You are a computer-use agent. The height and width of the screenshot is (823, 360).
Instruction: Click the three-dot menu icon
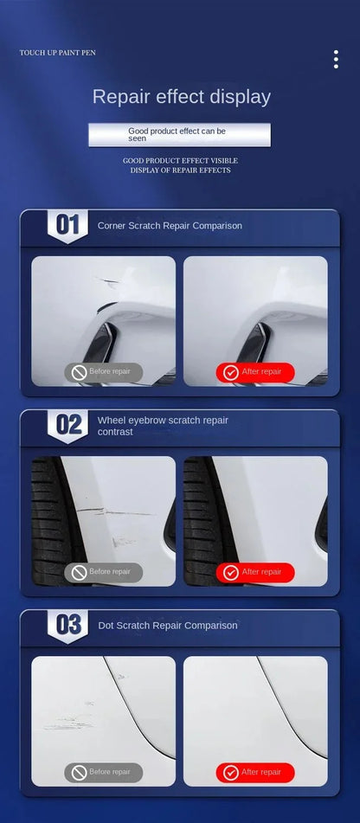pyautogui.click(x=336, y=59)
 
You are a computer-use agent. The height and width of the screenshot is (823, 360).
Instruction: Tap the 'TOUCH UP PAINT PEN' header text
pyautogui.click(x=58, y=53)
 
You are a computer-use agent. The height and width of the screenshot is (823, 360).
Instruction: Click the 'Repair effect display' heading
pyautogui.click(x=182, y=96)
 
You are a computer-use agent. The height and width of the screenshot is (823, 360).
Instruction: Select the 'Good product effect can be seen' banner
pyautogui.click(x=179, y=134)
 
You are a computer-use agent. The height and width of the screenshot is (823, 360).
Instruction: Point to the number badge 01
pyautogui.click(x=67, y=226)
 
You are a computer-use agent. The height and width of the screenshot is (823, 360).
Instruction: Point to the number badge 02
pyautogui.click(x=67, y=425)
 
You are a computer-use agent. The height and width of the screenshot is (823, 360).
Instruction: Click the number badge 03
pyautogui.click(x=67, y=625)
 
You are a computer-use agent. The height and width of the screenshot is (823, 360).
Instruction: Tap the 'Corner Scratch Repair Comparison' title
pyautogui.click(x=170, y=225)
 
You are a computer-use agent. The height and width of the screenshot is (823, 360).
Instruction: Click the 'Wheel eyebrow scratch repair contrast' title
pyautogui.click(x=163, y=425)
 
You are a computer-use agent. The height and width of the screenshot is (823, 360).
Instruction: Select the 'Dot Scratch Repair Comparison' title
pyautogui.click(x=167, y=625)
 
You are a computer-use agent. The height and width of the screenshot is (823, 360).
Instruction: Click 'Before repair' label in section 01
pyautogui.click(x=103, y=372)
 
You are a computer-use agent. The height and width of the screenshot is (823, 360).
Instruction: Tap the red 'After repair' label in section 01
pyautogui.click(x=255, y=372)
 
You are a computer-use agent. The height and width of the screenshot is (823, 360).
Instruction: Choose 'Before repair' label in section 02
pyautogui.click(x=103, y=572)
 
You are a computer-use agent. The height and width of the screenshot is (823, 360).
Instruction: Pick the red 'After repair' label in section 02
pyautogui.click(x=255, y=572)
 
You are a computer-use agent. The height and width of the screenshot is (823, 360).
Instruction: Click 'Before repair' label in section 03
pyautogui.click(x=103, y=772)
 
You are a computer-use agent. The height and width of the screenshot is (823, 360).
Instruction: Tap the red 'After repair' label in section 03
pyautogui.click(x=255, y=772)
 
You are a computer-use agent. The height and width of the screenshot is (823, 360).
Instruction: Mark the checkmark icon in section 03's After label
pyautogui.click(x=231, y=772)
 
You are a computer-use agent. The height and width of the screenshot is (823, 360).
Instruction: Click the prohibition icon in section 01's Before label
pyautogui.click(x=79, y=372)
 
